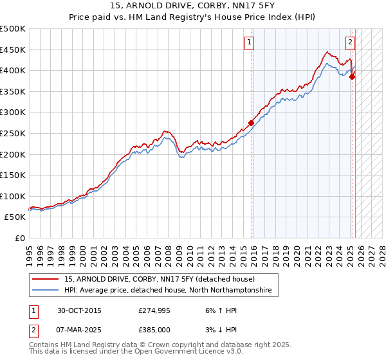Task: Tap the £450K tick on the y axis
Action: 13,50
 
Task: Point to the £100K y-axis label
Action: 13,196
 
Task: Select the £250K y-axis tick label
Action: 13,133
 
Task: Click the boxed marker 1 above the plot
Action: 249,43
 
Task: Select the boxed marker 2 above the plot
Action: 350,43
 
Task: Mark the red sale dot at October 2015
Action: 252,123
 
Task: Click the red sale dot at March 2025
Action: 353,76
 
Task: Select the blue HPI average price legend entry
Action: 167,291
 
